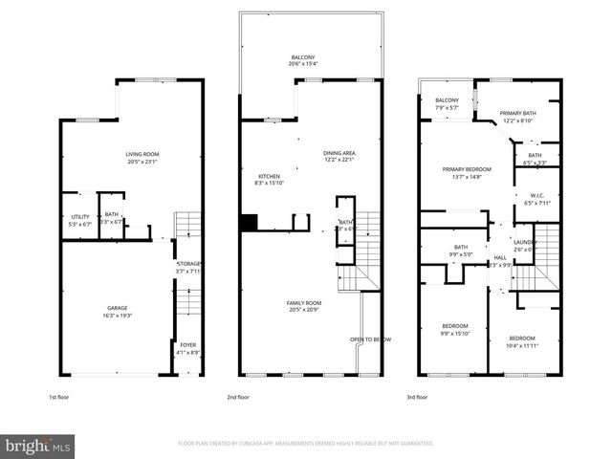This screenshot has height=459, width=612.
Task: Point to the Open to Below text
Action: click(370, 339)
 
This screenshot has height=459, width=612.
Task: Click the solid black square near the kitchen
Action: click(250, 223)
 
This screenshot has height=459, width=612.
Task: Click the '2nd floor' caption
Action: click(238, 396)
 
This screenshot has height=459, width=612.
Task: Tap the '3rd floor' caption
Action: click(416, 396)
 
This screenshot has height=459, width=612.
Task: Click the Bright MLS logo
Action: click(38, 446)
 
